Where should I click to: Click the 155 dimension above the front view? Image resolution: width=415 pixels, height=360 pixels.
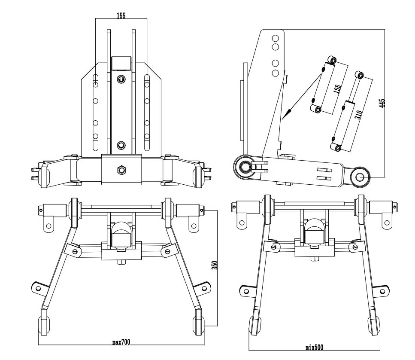point(121,16)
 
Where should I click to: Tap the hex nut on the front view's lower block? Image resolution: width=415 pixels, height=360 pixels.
point(121,170)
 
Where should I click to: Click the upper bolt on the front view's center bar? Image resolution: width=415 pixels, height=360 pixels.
point(121,79)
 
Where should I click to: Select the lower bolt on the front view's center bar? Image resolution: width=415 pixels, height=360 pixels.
point(121,146)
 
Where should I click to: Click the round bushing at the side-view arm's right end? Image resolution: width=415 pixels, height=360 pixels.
point(360,177)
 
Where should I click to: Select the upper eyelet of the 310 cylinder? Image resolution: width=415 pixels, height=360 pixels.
point(360,76)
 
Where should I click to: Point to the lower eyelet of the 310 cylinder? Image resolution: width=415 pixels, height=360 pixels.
point(338,148)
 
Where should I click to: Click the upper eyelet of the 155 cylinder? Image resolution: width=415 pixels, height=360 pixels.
point(331,59)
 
